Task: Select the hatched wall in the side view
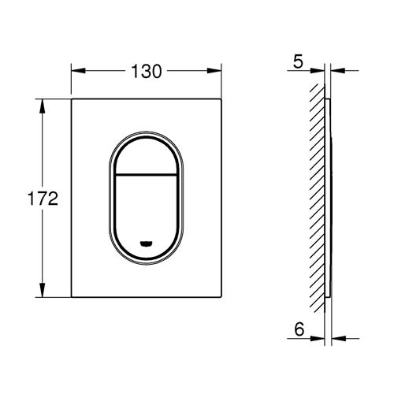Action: [315, 197]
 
